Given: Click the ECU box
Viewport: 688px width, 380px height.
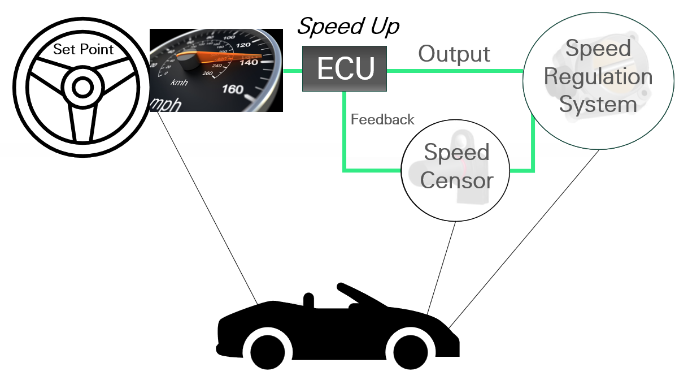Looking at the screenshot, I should tap(345, 68).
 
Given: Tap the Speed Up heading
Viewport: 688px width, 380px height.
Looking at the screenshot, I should tap(349, 26).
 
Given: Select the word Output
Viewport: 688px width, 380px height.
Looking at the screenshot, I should tap(454, 54).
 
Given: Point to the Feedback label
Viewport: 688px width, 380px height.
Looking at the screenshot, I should tap(382, 120).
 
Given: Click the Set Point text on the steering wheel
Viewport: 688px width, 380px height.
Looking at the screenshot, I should tap(83, 49).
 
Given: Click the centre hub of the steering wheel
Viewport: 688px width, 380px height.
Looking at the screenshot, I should tap(82, 88).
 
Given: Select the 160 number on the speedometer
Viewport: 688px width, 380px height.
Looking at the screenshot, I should tap(233, 89).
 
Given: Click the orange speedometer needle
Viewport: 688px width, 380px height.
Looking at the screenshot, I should tap(226, 57).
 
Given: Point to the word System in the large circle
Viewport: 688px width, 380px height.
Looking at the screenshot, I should tap(598, 105).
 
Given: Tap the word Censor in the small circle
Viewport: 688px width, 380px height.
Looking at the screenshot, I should tap(456, 180).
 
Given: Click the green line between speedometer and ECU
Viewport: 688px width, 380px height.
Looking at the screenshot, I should tap(292, 71).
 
